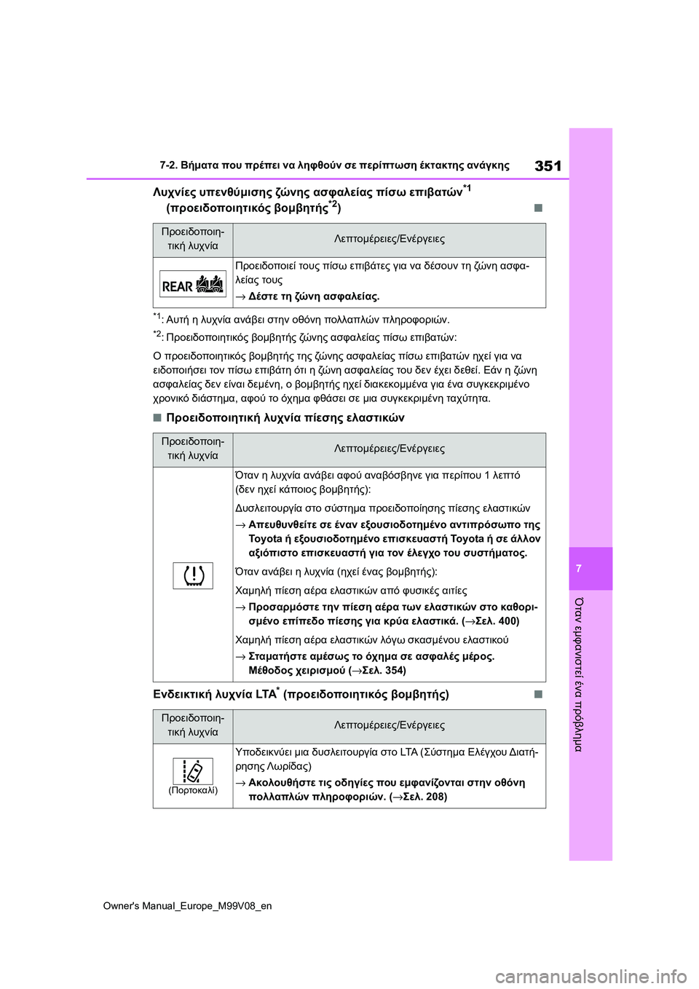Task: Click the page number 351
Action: click(548, 166)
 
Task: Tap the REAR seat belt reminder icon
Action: click(193, 284)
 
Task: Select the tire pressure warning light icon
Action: click(193, 575)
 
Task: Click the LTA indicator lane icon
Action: click(193, 771)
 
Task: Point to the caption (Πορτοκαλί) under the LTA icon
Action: click(193, 790)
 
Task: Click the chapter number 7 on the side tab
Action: click(579, 569)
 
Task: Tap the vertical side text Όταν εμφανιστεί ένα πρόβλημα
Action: click(580, 674)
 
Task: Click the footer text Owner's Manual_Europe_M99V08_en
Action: click(187, 906)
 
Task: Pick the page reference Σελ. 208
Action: click(424, 797)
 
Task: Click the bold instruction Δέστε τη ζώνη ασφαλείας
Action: click(314, 296)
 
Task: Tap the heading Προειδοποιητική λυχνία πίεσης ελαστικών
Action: click(285, 417)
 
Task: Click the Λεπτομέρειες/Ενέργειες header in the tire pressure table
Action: click(389, 449)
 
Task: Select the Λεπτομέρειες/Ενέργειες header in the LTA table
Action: click(389, 725)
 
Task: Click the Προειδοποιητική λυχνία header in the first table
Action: click(193, 239)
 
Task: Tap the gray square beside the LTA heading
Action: click(538, 694)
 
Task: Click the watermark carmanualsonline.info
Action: click(590, 976)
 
